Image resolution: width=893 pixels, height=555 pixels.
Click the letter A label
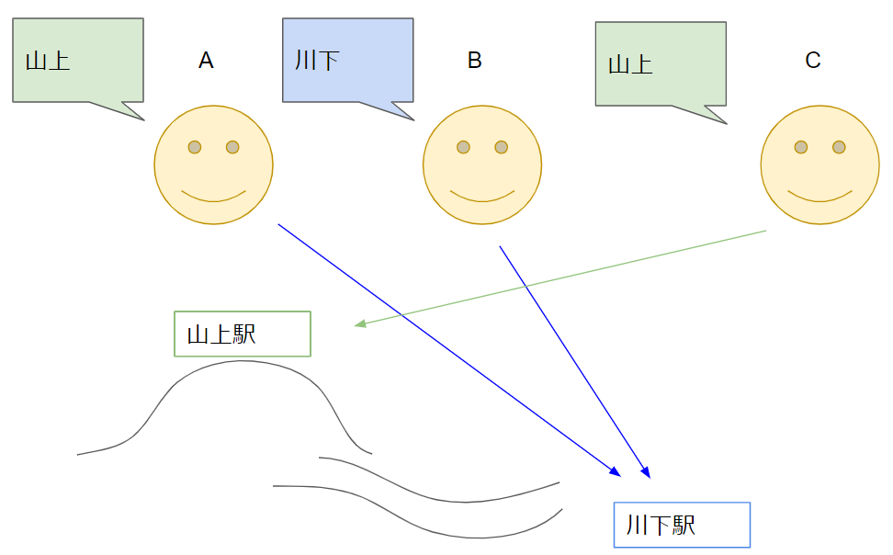pyautogui.click(x=206, y=61)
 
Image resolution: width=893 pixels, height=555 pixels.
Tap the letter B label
pyautogui.click(x=474, y=61)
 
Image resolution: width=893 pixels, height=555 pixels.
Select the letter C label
pyautogui.click(x=812, y=61)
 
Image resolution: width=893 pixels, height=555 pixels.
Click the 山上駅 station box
pyautogui.click(x=243, y=334)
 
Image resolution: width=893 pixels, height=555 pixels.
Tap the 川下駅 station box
pyautogui.click(x=682, y=525)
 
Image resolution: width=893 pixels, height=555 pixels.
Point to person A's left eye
pyautogui.click(x=195, y=147)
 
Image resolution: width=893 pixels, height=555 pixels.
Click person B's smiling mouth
pyautogui.click(x=482, y=197)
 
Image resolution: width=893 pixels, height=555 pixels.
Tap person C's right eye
pyautogui.click(x=839, y=147)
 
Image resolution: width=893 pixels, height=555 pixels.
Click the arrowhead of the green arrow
pyautogui.click(x=360, y=324)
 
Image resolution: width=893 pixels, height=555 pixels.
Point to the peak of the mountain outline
pyautogui.click(x=243, y=361)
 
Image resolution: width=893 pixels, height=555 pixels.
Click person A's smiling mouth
pyautogui.click(x=213, y=197)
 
